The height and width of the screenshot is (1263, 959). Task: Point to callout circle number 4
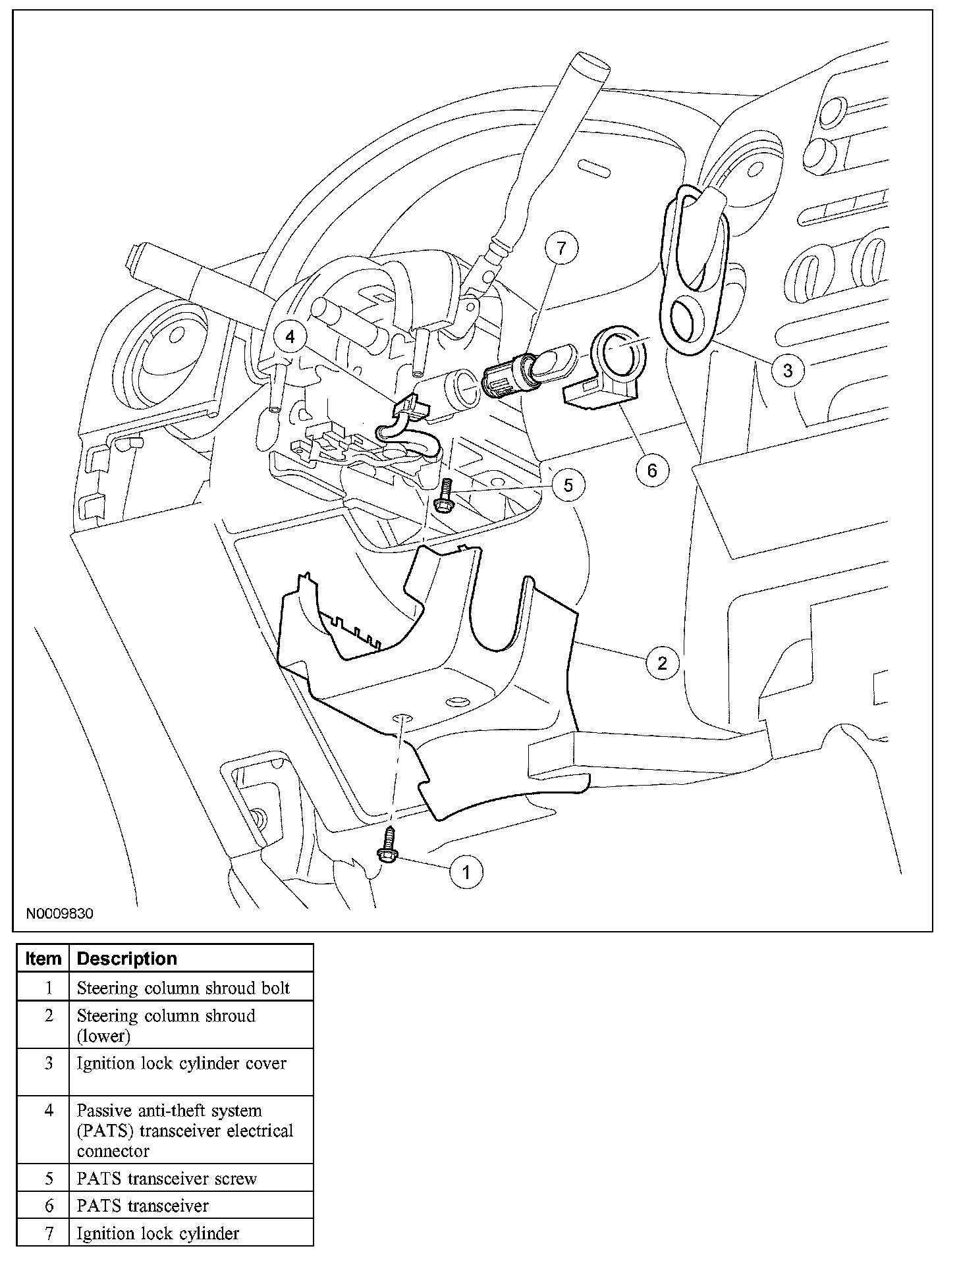tap(290, 337)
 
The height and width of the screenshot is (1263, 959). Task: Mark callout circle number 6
tap(652, 470)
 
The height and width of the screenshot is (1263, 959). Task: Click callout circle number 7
tap(561, 248)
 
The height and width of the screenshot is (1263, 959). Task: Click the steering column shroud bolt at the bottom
tap(386, 847)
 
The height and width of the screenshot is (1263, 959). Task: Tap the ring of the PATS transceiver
tap(619, 349)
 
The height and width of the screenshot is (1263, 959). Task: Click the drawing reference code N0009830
tap(60, 914)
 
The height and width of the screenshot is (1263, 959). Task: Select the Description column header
tap(127, 959)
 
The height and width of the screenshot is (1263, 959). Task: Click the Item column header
tap(43, 959)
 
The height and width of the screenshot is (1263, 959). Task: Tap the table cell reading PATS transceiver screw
tap(167, 1179)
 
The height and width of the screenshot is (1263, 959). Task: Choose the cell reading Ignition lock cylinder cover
tap(182, 1064)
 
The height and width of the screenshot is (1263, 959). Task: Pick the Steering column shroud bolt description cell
tap(183, 988)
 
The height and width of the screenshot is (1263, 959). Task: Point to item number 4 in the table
tap(48, 1111)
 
